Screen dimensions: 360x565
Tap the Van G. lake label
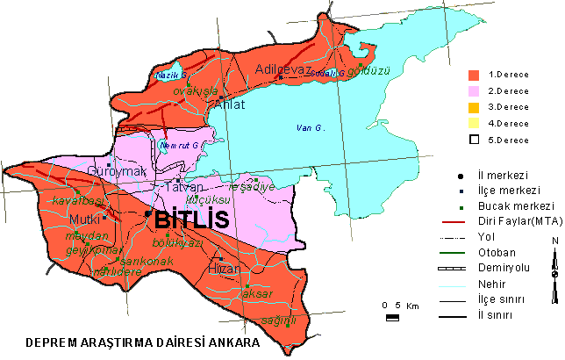[311, 128]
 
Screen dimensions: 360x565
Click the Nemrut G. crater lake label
[182, 145]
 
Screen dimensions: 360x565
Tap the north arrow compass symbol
[554, 272]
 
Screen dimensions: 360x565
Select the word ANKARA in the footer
[231, 342]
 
